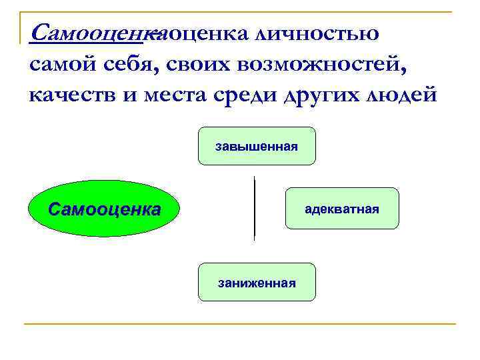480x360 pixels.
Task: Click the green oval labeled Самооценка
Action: coord(103,209)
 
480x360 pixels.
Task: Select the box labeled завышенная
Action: coord(257,146)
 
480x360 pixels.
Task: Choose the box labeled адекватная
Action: coord(342,209)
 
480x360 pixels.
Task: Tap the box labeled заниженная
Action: coord(257,282)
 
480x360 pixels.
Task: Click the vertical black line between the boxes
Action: coord(255,207)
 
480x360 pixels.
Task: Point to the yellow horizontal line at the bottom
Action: coord(240,324)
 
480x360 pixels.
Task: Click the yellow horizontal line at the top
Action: coord(240,11)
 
